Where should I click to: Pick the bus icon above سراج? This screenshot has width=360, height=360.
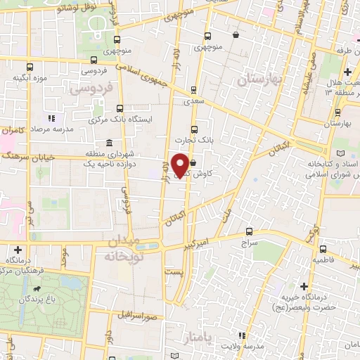click(x=250, y=231)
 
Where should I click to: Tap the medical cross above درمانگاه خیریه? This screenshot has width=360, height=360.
click(x=304, y=285)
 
